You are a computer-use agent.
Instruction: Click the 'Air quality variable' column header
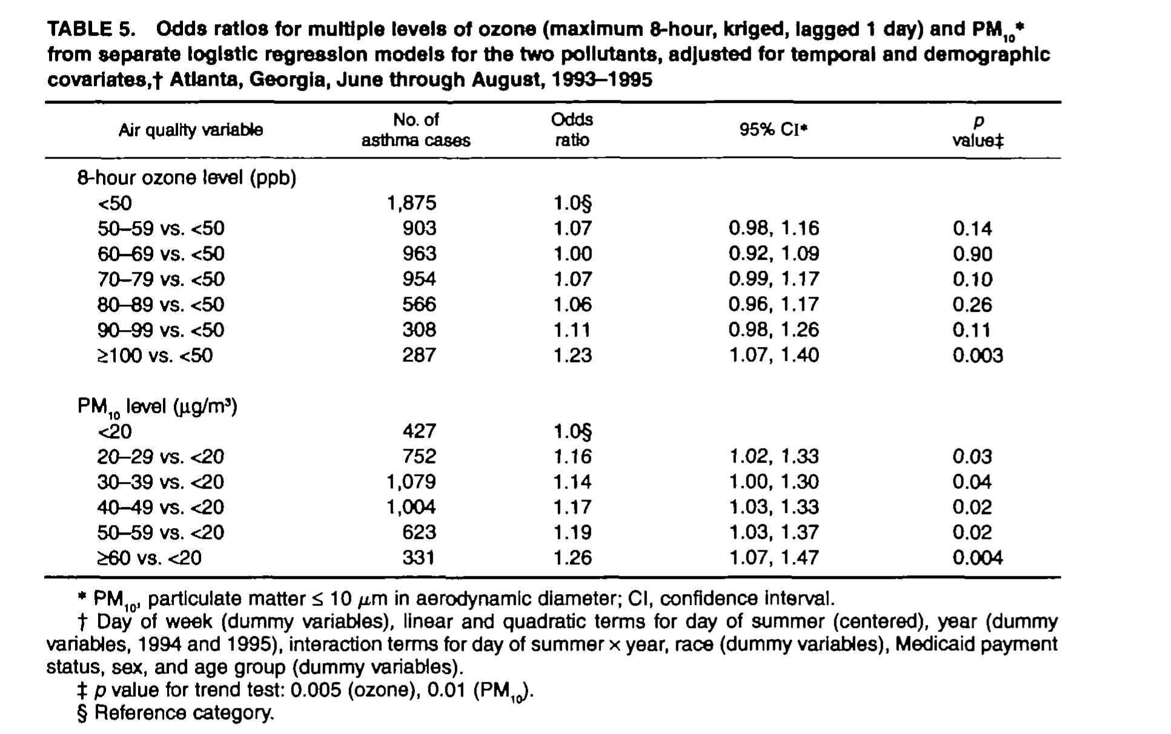190,130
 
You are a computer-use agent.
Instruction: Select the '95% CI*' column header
774,130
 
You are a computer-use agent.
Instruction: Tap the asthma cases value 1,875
411,203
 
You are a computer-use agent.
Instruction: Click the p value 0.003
978,355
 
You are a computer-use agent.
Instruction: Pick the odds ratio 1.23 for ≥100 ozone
572,355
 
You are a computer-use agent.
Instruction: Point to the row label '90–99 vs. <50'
161,330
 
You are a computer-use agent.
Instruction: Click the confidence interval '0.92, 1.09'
774,254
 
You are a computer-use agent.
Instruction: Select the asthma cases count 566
419,304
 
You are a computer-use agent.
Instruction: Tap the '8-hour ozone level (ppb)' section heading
187,178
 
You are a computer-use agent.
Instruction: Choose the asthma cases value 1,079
411,482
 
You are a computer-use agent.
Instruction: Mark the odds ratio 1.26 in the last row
572,558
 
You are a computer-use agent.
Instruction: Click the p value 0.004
978,558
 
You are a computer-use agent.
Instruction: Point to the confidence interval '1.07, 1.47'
774,558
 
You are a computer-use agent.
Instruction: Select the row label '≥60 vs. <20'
149,558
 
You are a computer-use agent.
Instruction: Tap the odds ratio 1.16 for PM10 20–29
572,457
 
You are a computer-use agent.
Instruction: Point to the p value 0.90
972,254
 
